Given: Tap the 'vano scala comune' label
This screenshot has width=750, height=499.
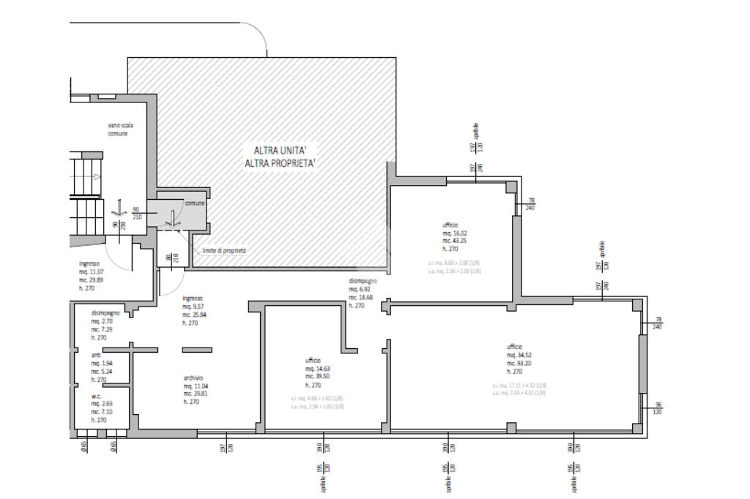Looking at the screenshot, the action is [120, 130].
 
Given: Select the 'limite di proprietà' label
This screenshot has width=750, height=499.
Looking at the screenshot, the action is [224, 251].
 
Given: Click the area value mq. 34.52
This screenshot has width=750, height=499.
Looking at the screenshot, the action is [519, 355].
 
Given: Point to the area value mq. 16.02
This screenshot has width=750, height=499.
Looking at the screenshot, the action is [454, 233].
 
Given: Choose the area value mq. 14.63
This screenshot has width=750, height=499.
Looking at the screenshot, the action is [318, 369].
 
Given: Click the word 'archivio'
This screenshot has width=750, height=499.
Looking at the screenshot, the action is [193, 378].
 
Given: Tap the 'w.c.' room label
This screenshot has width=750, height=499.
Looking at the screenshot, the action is [96, 395].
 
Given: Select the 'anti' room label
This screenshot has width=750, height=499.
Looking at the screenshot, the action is [96, 354].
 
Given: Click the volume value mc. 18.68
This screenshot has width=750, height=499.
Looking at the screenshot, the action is [361, 297].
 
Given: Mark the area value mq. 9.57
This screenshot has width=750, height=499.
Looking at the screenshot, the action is [194, 307].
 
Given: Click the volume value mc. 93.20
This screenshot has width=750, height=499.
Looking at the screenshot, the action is [519, 363].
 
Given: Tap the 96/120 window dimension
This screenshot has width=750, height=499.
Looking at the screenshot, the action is [658, 408].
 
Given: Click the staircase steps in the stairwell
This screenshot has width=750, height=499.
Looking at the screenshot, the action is [85, 176].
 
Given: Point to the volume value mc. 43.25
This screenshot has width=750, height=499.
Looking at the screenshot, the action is [455, 241].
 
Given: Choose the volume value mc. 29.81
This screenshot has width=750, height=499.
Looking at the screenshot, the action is [196, 394].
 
